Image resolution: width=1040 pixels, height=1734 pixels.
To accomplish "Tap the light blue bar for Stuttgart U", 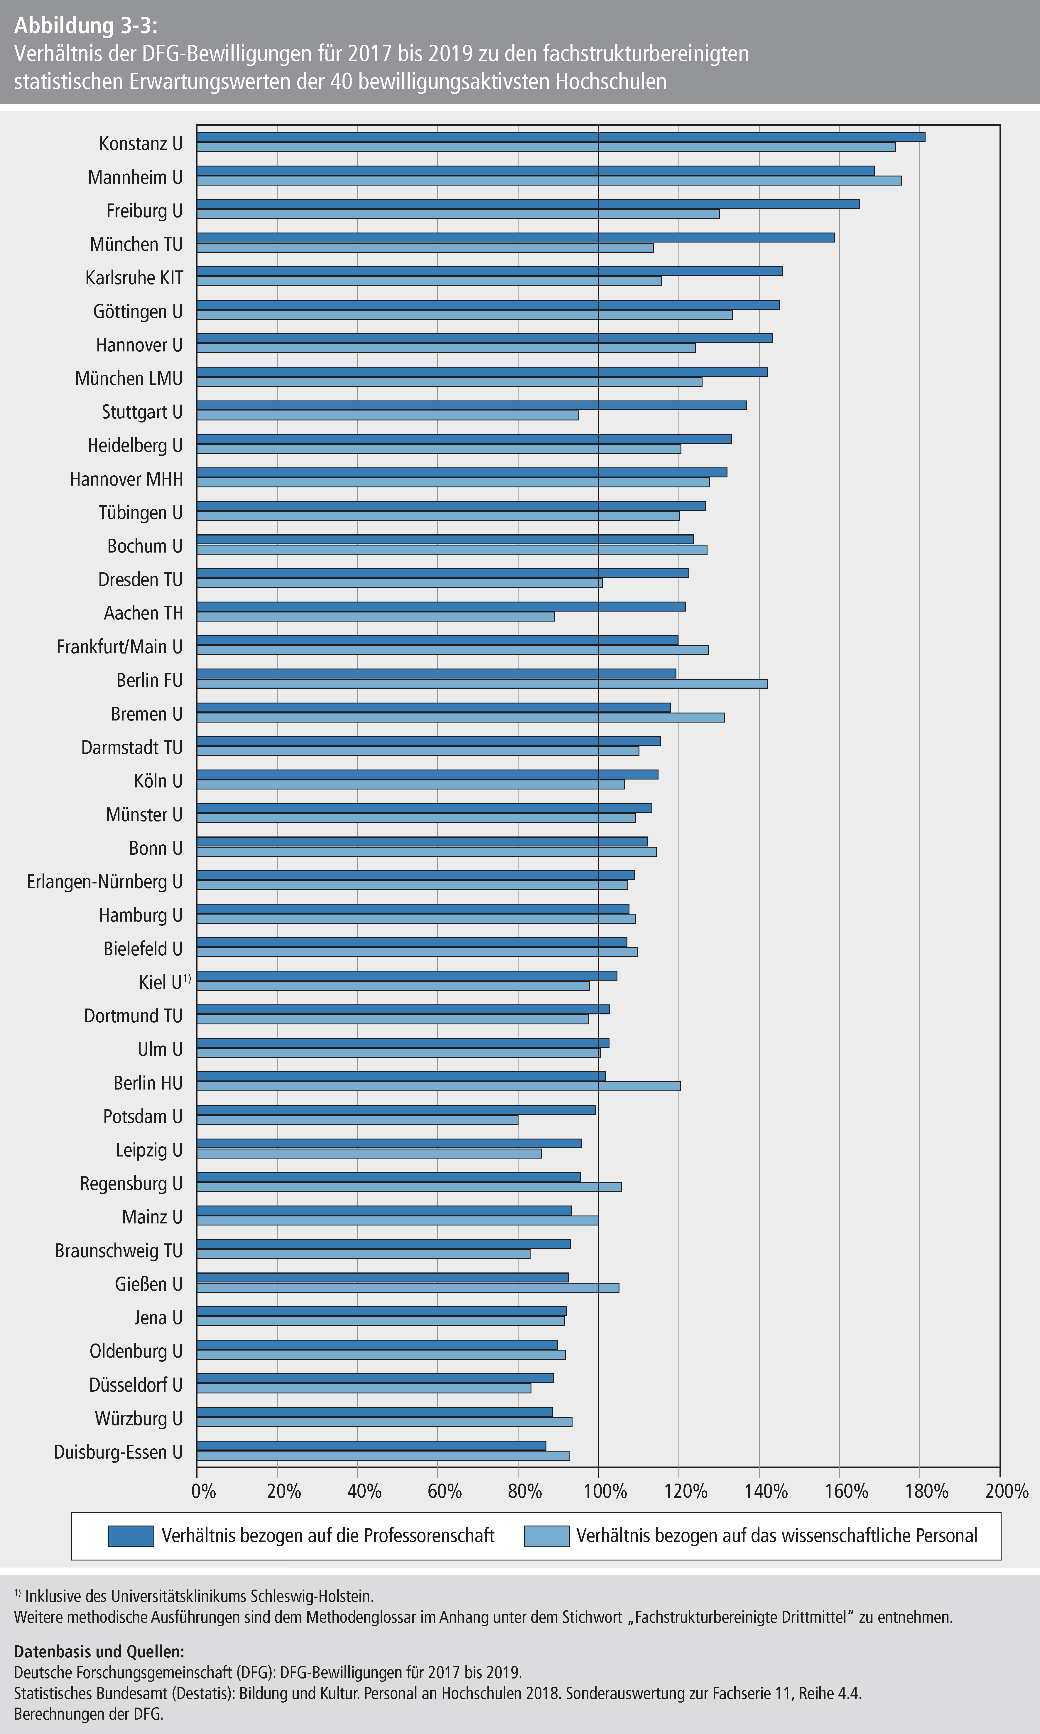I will (388, 415).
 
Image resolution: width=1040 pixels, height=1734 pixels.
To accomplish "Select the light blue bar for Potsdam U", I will (357, 1120).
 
